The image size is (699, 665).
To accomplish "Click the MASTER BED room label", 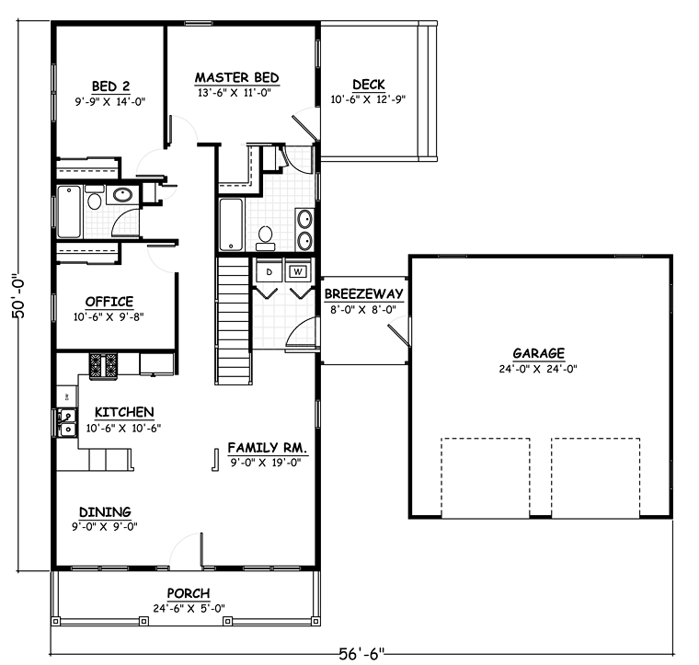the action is pyautogui.click(x=237, y=77).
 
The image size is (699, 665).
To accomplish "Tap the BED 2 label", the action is pyautogui.click(x=110, y=86).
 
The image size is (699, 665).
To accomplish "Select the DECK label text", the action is pyautogui.click(x=369, y=85).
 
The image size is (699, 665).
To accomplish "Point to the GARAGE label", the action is pyautogui.click(x=539, y=353).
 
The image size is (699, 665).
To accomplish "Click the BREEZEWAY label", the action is pyautogui.click(x=364, y=293).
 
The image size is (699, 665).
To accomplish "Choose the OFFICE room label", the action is pyautogui.click(x=109, y=302).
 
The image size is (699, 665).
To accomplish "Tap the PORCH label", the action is pyautogui.click(x=189, y=593).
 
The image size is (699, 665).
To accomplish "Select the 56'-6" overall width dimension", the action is pyautogui.click(x=361, y=654).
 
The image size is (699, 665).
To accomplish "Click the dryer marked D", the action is pyautogui.click(x=269, y=271).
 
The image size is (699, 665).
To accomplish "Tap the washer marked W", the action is pyautogui.click(x=298, y=271).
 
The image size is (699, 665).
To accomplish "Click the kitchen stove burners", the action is pyautogui.click(x=103, y=366).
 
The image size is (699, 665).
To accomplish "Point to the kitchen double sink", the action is pyautogui.click(x=67, y=422).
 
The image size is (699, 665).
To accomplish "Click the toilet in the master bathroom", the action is pyautogui.click(x=265, y=238).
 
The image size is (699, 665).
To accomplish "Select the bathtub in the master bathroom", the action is pyautogui.click(x=231, y=224).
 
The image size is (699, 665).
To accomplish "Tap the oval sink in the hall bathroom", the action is pyautogui.click(x=121, y=195).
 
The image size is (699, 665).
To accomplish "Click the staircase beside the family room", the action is pyautogui.click(x=233, y=321).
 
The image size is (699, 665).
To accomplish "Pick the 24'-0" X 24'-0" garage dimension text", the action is pyautogui.click(x=538, y=369).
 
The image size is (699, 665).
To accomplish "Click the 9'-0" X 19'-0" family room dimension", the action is pyautogui.click(x=266, y=463).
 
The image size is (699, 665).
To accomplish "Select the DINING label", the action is pyautogui.click(x=105, y=511).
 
